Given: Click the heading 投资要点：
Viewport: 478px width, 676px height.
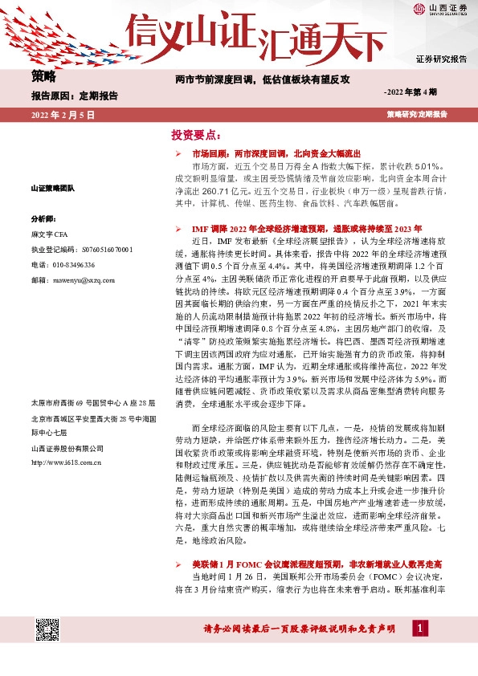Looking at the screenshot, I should (195, 134).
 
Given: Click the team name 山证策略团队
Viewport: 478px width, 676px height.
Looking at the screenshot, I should (52, 188).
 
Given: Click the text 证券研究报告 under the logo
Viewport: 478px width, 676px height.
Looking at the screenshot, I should (441, 59).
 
